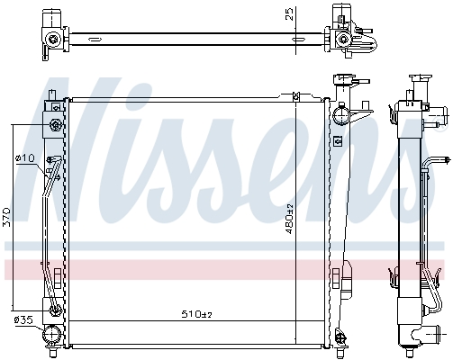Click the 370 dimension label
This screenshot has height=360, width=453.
(x=6, y=218)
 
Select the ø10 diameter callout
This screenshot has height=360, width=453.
(x=25, y=157)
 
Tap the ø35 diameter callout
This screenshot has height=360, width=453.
(x=23, y=320)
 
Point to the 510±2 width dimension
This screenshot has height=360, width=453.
(x=197, y=314)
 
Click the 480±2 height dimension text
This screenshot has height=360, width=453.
(x=289, y=219)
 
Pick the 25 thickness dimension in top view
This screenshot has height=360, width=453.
(x=288, y=14)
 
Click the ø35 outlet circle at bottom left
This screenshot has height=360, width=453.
(x=51, y=335)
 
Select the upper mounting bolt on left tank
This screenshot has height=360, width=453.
(x=56, y=124)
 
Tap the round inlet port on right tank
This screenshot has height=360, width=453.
(x=340, y=116)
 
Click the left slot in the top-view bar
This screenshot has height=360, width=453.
(x=95, y=40)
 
